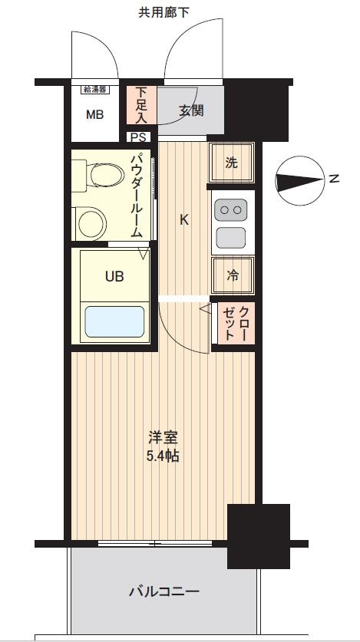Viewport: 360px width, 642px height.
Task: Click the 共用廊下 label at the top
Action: pyautogui.click(x=163, y=13)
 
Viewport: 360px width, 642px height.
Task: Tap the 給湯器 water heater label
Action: pyautogui.click(x=96, y=89)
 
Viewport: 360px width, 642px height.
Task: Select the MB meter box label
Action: pyautogui.click(x=94, y=115)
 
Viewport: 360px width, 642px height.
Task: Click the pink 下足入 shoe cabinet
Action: pyautogui.click(x=141, y=105)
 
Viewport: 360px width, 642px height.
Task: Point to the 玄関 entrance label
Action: pyautogui.click(x=191, y=110)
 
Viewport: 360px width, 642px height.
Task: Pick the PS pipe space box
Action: pyautogui.click(x=138, y=137)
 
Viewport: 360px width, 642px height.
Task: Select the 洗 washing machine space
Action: pyautogui.click(x=232, y=163)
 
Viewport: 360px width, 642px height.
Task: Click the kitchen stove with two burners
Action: pyautogui.click(x=231, y=209)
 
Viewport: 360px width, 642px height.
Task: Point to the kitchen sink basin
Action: pyautogui.click(x=231, y=238)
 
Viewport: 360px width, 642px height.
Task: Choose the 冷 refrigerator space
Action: pyautogui.click(x=233, y=275)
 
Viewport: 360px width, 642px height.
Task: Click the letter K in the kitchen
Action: pyautogui.click(x=184, y=220)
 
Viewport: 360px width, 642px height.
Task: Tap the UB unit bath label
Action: pyautogui.click(x=114, y=277)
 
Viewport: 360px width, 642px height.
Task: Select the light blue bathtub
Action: pyautogui.click(x=114, y=321)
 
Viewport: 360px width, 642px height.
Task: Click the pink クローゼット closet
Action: pyautogui.click(x=236, y=324)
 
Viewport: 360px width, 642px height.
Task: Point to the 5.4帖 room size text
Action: pyautogui.click(x=163, y=456)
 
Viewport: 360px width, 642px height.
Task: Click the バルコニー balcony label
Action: pyautogui.click(x=164, y=591)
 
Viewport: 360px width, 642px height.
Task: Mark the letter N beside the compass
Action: pyautogui.click(x=334, y=179)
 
